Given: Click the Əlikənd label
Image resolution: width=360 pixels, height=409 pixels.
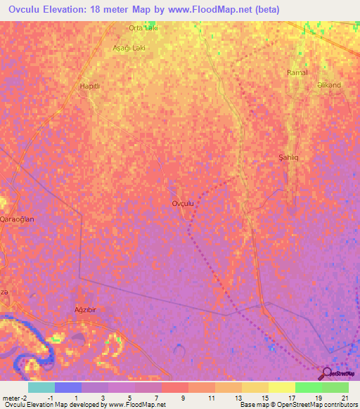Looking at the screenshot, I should (329, 85).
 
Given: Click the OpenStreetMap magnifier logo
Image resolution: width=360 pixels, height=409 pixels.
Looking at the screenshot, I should (327, 373).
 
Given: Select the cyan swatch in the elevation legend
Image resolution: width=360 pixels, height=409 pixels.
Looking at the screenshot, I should (41, 387).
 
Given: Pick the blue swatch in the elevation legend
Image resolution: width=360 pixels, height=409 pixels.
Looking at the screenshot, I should (67, 387).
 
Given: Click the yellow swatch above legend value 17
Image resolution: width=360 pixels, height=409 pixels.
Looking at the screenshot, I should (281, 387).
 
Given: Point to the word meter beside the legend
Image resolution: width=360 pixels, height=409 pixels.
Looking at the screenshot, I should (10, 398).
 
